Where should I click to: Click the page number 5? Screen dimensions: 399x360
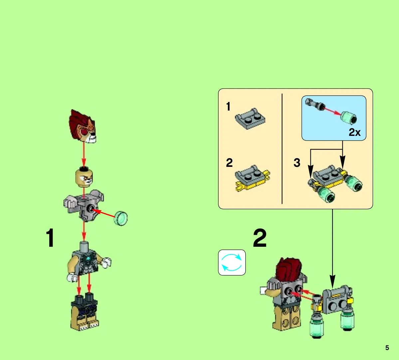tap(387, 348)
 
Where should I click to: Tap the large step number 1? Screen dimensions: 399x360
tap(50, 238)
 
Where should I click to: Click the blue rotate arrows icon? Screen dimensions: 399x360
tap(232, 262)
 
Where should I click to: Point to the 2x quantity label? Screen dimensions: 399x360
tap(354, 132)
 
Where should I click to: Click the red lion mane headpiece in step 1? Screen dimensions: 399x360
tap(83, 126)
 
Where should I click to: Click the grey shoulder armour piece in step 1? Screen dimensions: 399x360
tap(84, 204)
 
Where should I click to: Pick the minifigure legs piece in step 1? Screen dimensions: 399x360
tap(85, 312)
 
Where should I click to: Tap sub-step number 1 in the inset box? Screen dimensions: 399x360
tap(228, 107)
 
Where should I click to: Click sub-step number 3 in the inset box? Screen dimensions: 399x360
tap(297, 163)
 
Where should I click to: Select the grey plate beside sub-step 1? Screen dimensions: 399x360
tap(250, 119)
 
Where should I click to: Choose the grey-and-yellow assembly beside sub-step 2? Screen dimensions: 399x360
tap(252, 178)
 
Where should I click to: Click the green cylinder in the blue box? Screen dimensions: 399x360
tap(349, 118)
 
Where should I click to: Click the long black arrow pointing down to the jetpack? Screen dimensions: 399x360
tap(332, 249)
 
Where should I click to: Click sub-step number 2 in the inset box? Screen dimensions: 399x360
tap(229, 163)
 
